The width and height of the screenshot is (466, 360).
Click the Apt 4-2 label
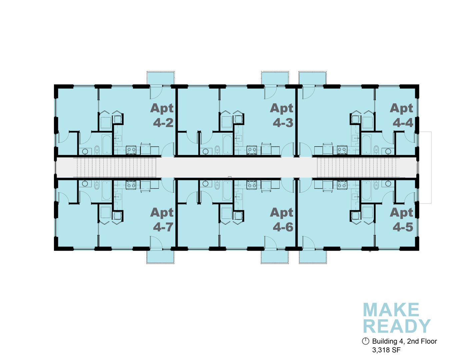pyautogui.click(x=162, y=115)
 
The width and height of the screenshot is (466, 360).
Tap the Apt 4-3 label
pyautogui.click(x=282, y=115)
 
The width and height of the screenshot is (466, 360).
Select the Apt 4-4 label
pyautogui.click(x=401, y=115)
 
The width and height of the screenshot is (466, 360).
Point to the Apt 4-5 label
pyautogui.click(x=401, y=220)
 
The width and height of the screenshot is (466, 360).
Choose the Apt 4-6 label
pyautogui.click(x=282, y=220)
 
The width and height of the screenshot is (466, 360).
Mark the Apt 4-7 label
pyautogui.click(x=162, y=220)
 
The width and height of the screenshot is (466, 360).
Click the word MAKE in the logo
pyautogui.click(x=391, y=310)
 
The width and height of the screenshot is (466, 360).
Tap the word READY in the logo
pyautogui.click(x=397, y=326)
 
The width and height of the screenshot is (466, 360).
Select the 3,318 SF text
pyautogui.click(x=386, y=350)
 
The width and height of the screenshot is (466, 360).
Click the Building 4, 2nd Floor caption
pyautogui.click(x=404, y=341)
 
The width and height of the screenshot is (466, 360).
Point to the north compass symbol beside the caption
pyautogui.click(x=366, y=341)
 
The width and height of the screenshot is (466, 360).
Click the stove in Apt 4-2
pyautogui.click(x=131, y=150)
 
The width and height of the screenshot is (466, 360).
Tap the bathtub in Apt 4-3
pyautogui.click(x=227, y=144)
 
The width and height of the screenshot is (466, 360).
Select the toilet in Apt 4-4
pyautogui.click(x=376, y=149)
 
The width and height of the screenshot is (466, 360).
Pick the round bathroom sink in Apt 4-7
pyautogui.click(x=85, y=184)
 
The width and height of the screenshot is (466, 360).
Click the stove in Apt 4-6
pyautogui.click(x=252, y=185)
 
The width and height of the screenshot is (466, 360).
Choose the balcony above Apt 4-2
pyautogui.click(x=161, y=78)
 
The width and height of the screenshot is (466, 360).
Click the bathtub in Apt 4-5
pyautogui.click(x=366, y=190)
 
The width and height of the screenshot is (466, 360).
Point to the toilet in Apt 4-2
pyautogui.click(x=97, y=149)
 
